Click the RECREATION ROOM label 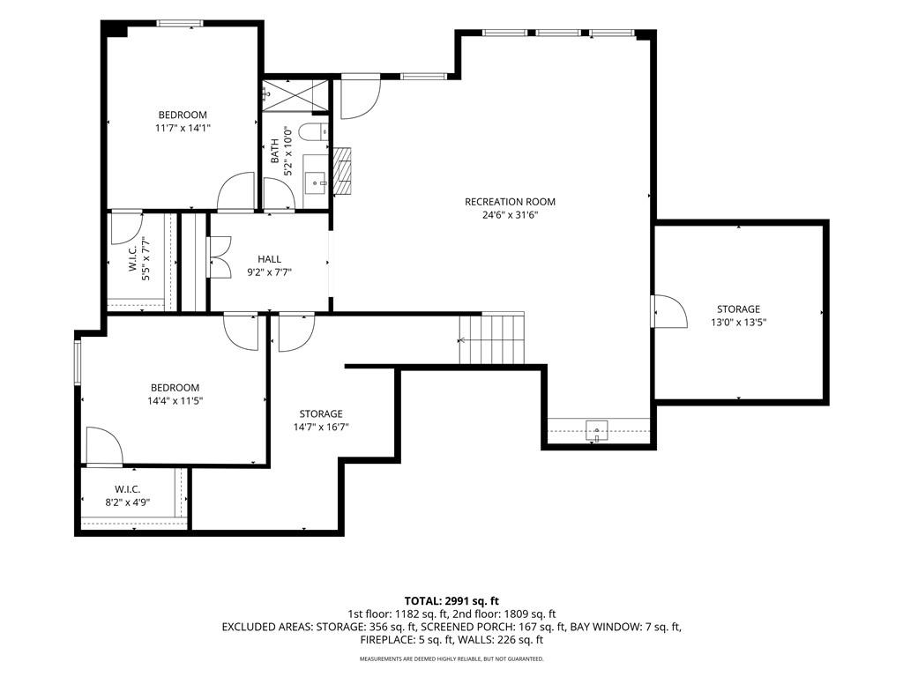tap(510, 202)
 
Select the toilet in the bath tap(315, 132)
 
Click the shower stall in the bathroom tap(295, 95)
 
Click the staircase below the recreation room tap(492, 338)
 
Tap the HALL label tap(270, 260)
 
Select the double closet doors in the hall tap(219, 257)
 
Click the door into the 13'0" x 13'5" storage tap(668, 311)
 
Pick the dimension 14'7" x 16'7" tap(321, 428)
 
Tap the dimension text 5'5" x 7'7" tap(146, 259)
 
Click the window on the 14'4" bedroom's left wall tap(78, 362)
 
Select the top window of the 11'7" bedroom tap(180, 24)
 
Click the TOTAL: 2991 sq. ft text tap(451, 601)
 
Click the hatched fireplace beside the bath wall tap(343, 171)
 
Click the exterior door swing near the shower tap(361, 97)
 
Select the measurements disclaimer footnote tap(451, 658)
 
